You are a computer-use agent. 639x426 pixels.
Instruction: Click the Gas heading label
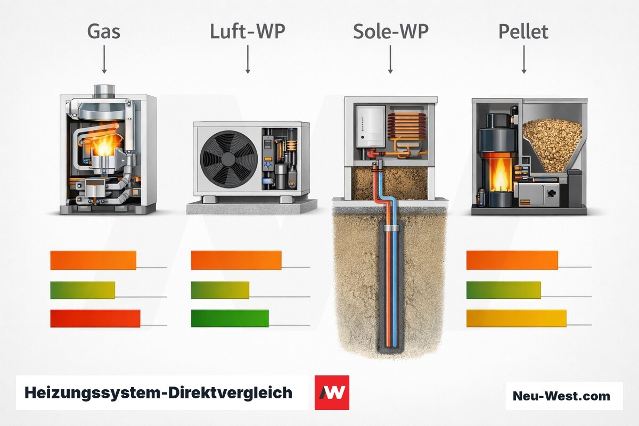103,31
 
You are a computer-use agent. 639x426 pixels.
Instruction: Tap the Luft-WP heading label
248,31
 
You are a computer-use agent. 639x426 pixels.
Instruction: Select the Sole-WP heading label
391,31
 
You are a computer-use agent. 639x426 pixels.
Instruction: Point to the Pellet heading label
523,31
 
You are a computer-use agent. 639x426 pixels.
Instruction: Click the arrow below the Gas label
104,59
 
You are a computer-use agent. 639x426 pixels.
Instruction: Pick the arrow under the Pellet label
524,59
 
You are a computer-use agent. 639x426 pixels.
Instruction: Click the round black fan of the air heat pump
229,159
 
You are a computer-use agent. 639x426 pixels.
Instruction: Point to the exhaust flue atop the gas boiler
104,91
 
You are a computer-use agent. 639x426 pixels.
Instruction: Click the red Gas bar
95,318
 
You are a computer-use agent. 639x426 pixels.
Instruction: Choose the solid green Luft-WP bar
230,318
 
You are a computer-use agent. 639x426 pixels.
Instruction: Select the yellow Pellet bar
517,318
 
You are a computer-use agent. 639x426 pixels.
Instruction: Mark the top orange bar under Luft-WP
236,260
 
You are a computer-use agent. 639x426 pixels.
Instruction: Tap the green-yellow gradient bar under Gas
83,290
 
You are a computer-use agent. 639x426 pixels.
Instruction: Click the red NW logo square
332,392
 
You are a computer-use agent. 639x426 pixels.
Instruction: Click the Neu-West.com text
561,396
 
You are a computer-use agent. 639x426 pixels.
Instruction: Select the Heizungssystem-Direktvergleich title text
158,393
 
